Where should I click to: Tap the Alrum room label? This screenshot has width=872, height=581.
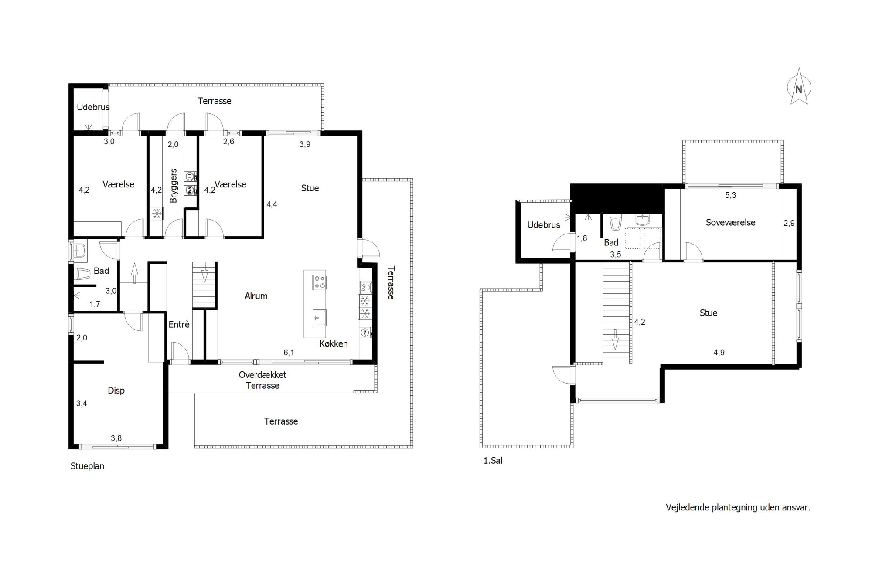[256, 296]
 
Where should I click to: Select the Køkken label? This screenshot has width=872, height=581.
[334, 343]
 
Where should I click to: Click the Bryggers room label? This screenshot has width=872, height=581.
[174, 186]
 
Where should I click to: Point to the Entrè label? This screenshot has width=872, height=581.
[179, 324]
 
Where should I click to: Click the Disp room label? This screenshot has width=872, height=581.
[116, 391]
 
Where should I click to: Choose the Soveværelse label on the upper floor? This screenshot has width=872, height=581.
[731, 222]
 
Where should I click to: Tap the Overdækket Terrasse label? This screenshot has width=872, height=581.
[262, 380]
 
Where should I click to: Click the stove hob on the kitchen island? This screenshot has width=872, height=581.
[319, 282]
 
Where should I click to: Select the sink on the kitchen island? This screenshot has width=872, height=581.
[319, 317]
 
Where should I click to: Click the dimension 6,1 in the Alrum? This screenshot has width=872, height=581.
[289, 353]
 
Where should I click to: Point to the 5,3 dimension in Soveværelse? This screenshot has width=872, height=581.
[731, 195]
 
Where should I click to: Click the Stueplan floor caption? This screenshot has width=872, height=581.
[87, 466]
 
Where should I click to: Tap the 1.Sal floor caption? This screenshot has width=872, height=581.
[493, 460]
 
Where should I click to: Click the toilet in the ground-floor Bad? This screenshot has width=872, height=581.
[82, 275]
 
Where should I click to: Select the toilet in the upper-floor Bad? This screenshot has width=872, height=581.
[615, 223]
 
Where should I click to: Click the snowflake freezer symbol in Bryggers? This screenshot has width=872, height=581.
[157, 214]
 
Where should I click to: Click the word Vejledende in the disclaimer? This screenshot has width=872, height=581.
[688, 507]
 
